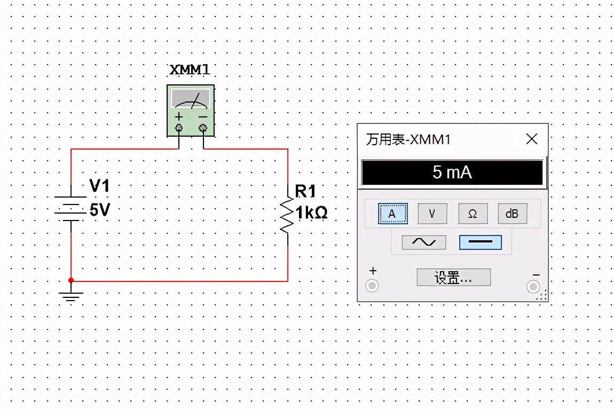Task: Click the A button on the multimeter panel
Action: [392, 214]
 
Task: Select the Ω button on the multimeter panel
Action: [473, 214]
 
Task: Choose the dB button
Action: [512, 214]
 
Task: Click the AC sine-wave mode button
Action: [423, 242]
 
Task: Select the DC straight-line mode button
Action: [480, 242]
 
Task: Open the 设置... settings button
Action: [453, 278]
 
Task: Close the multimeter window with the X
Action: [532, 139]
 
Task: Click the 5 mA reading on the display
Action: [452, 172]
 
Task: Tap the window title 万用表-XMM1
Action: [408, 140]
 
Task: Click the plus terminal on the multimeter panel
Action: [372, 286]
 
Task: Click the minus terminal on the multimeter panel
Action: [533, 287]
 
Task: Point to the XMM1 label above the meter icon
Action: [190, 70]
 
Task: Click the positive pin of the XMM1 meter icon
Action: [179, 128]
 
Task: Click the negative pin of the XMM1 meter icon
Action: [203, 128]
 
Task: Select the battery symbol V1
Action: [71, 208]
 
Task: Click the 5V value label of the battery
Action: [100, 210]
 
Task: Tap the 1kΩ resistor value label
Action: [312, 213]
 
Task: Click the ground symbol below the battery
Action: [71, 296]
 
